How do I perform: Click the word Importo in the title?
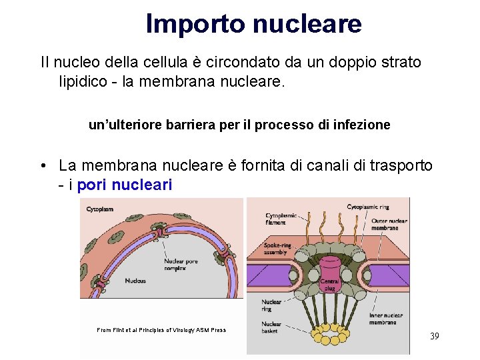(x=195, y=24)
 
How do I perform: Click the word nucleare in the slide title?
(x=306, y=24)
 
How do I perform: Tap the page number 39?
(x=434, y=336)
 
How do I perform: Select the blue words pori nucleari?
(x=125, y=185)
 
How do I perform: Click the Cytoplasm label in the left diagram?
(x=100, y=209)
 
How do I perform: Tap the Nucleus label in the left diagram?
(x=135, y=281)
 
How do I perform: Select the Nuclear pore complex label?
(x=181, y=265)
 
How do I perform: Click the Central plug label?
(x=330, y=285)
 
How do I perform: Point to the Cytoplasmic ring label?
(x=368, y=207)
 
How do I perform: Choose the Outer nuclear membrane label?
(x=385, y=225)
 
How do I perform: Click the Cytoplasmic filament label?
(x=281, y=219)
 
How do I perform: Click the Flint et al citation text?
(x=161, y=330)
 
